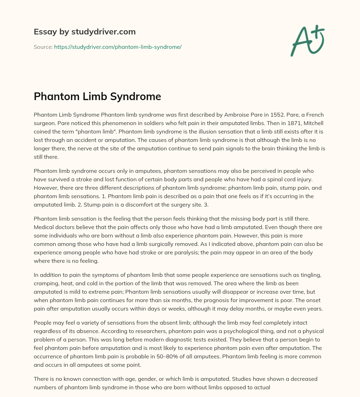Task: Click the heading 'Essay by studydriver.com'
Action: click(x=84, y=32)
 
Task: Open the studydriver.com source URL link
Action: click(x=117, y=47)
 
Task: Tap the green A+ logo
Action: click(x=307, y=40)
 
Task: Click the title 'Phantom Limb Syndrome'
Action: click(x=97, y=97)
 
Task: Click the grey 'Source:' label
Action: click(x=43, y=47)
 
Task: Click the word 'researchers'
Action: click(x=116, y=331)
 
